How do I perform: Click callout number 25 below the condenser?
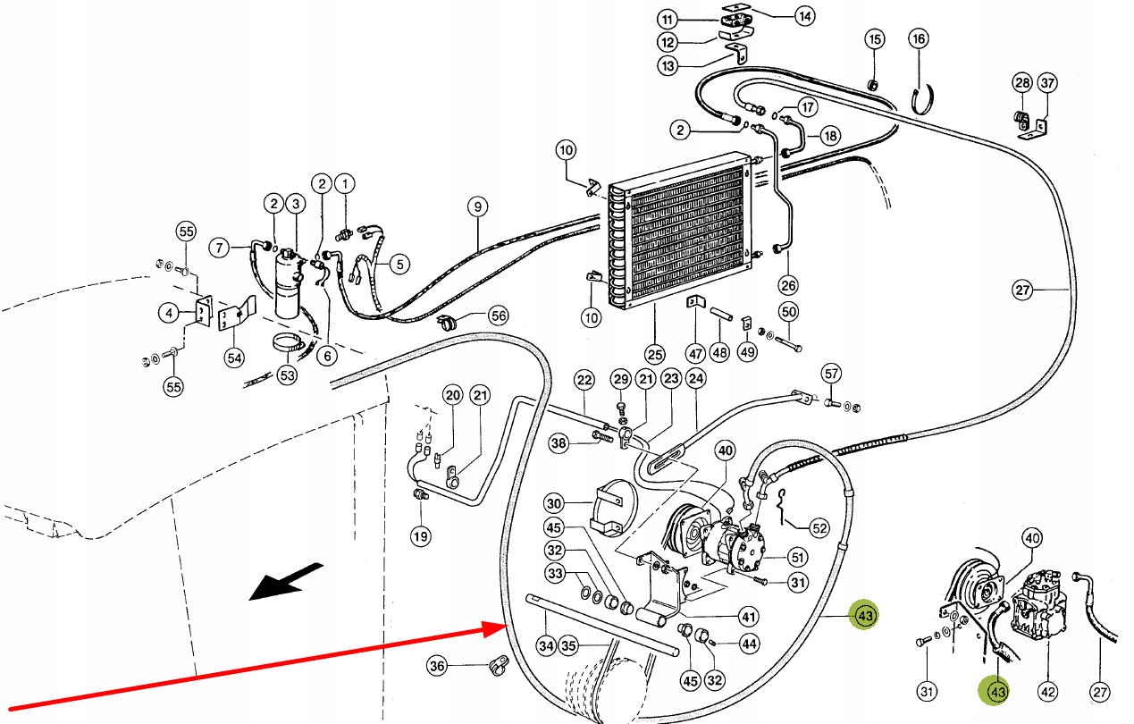click(655, 355)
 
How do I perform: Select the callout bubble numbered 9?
click(478, 207)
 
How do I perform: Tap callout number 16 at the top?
click(919, 38)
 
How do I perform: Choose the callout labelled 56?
click(498, 316)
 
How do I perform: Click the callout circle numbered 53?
click(286, 375)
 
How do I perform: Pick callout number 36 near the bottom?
click(436, 665)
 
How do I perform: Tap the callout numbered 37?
click(1048, 84)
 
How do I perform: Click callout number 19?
click(420, 536)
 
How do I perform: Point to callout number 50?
click(788, 312)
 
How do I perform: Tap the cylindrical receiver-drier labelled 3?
click(289, 286)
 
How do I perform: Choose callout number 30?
click(554, 502)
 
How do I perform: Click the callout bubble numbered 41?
click(748, 616)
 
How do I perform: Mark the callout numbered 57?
click(832, 373)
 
